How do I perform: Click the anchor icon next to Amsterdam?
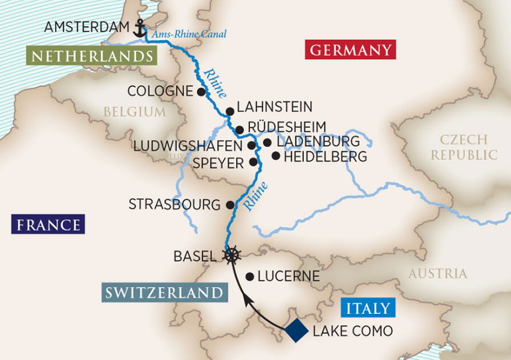[x=139, y=28]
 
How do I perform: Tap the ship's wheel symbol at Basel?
[x=232, y=255]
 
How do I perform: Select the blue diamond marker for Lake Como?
[x=297, y=330]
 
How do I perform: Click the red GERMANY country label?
[x=351, y=50]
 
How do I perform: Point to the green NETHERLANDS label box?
[x=91, y=56]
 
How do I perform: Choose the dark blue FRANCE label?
[x=48, y=224]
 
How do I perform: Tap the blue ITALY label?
[x=368, y=309]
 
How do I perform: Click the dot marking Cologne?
[x=201, y=91]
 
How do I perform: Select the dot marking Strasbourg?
[x=230, y=205]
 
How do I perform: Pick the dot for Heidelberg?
[x=276, y=155]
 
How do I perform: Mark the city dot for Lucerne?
[x=249, y=276]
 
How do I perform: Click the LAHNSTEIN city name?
[x=274, y=107]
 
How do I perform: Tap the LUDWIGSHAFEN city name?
[x=188, y=146]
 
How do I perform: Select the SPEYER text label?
[x=218, y=163]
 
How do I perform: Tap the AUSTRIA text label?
[x=437, y=274]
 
